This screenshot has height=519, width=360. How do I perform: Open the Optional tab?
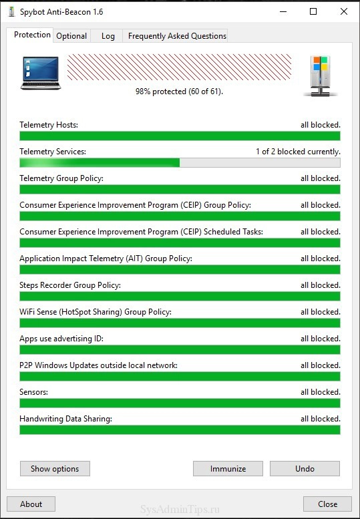[71, 36]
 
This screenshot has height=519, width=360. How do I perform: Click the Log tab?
[108, 36]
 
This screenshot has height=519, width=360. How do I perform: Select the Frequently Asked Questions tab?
[177, 36]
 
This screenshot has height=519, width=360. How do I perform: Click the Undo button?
[305, 469]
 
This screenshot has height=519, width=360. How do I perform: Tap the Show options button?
[55, 469]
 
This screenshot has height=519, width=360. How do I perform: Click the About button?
[31, 504]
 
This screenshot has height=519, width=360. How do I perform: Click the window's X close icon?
[344, 11]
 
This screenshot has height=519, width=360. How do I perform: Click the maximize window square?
[313, 11]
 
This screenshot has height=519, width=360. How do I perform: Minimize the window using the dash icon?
[283, 11]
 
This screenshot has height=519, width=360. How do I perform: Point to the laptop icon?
[41, 73]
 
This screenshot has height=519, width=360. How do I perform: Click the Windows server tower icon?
[321, 76]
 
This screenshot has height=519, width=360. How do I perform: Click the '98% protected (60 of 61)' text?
[180, 92]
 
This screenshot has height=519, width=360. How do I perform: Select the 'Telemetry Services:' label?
[53, 152]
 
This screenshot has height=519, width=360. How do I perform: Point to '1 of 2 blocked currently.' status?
[298, 152]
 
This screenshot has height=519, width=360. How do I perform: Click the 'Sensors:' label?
[34, 392]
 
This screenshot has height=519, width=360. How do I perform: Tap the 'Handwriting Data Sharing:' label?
[66, 419]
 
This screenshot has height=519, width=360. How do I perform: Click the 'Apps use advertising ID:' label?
[61, 339]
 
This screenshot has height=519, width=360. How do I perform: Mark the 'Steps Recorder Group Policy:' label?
[70, 285]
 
